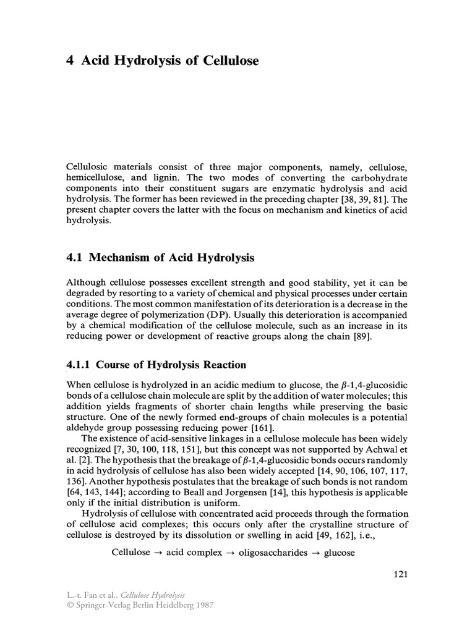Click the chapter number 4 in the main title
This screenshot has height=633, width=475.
pos(69,61)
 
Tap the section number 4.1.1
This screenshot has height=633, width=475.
pos(80,364)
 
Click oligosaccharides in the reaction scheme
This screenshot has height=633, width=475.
pos(278,552)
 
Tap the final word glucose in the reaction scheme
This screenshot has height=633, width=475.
pos(339,552)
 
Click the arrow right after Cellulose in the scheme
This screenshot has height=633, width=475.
pos(159,552)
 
